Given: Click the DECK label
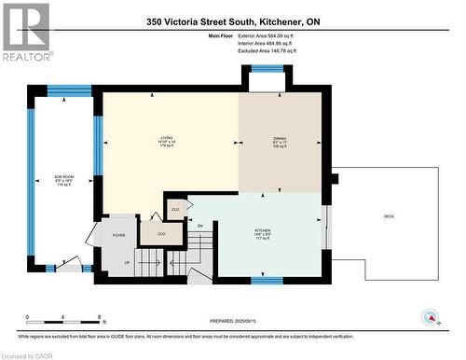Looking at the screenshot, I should coord(388,217).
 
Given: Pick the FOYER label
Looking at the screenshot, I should coord(118,235).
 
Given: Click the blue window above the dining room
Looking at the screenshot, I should coord(267,69).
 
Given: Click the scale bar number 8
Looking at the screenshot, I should coord(99,317).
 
